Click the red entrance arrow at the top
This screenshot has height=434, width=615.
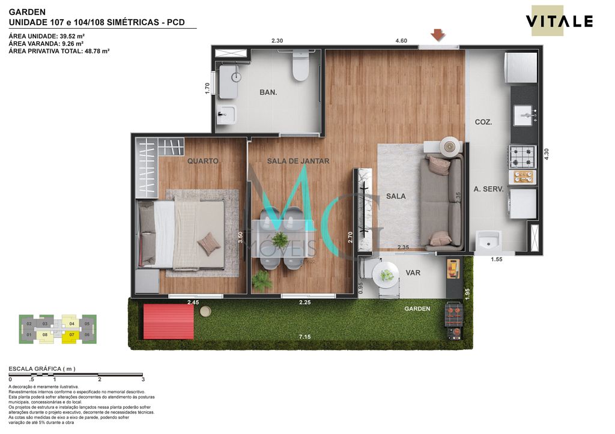[x=438, y=35]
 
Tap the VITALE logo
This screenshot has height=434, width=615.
[x=559, y=22]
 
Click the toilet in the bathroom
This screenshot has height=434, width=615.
[x=300, y=67]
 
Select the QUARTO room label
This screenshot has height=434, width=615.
[x=202, y=161]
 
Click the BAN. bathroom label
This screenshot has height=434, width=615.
[x=268, y=92]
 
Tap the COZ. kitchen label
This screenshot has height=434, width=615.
[x=483, y=122]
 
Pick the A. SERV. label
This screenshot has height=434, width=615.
[x=488, y=188]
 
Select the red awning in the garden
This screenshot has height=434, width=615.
[x=168, y=321]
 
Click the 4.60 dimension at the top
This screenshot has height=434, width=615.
[x=401, y=41]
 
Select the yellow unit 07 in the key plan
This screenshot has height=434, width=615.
[x=71, y=334]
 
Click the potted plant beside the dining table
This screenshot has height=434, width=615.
[x=262, y=280]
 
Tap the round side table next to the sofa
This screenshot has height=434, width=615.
[x=448, y=146]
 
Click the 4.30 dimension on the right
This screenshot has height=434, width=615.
[x=547, y=154]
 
